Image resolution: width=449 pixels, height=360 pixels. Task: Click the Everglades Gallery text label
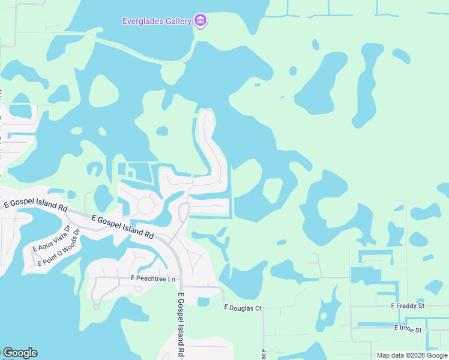point(157,22)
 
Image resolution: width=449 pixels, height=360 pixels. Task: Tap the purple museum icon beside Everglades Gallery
point(201,22)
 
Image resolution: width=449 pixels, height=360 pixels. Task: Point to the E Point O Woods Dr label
point(58,254)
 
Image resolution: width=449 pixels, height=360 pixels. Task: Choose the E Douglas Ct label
point(243,308)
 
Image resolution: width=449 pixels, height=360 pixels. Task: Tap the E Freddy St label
point(408,306)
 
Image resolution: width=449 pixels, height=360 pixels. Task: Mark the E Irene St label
point(408,329)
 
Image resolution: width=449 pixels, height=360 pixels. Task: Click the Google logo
point(20,353)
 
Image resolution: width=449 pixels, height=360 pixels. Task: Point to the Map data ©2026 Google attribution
point(411,355)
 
